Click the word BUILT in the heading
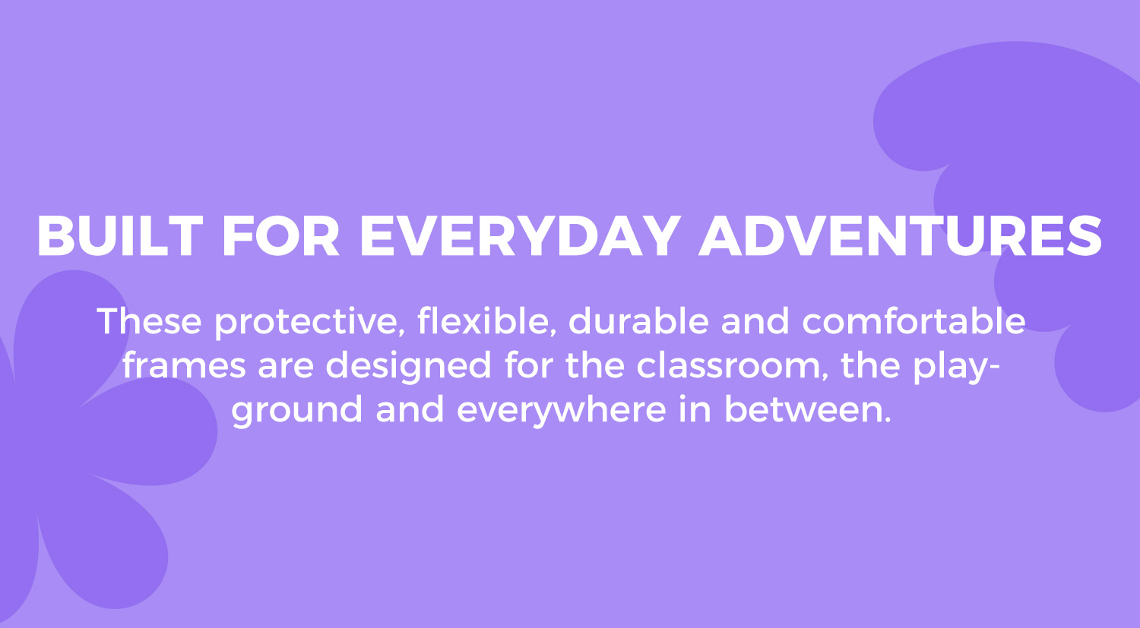click(120, 236)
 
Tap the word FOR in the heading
click(280, 236)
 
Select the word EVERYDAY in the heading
click(520, 236)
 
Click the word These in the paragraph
click(149, 321)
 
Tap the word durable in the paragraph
click(638, 321)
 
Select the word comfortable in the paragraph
click(914, 321)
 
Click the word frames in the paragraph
click(184, 365)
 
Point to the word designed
click(408, 367)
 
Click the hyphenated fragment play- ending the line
click(957, 367)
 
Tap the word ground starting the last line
click(296, 411)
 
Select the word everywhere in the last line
click(561, 411)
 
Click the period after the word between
click(888, 420)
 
